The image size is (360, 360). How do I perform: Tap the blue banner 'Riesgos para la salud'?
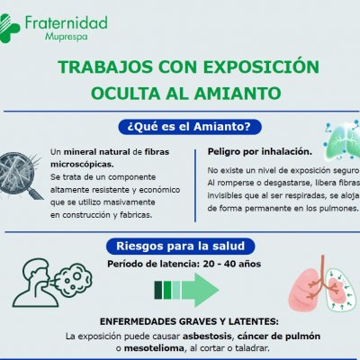coord(180,245)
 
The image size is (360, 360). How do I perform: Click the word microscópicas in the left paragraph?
coord(82,165)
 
